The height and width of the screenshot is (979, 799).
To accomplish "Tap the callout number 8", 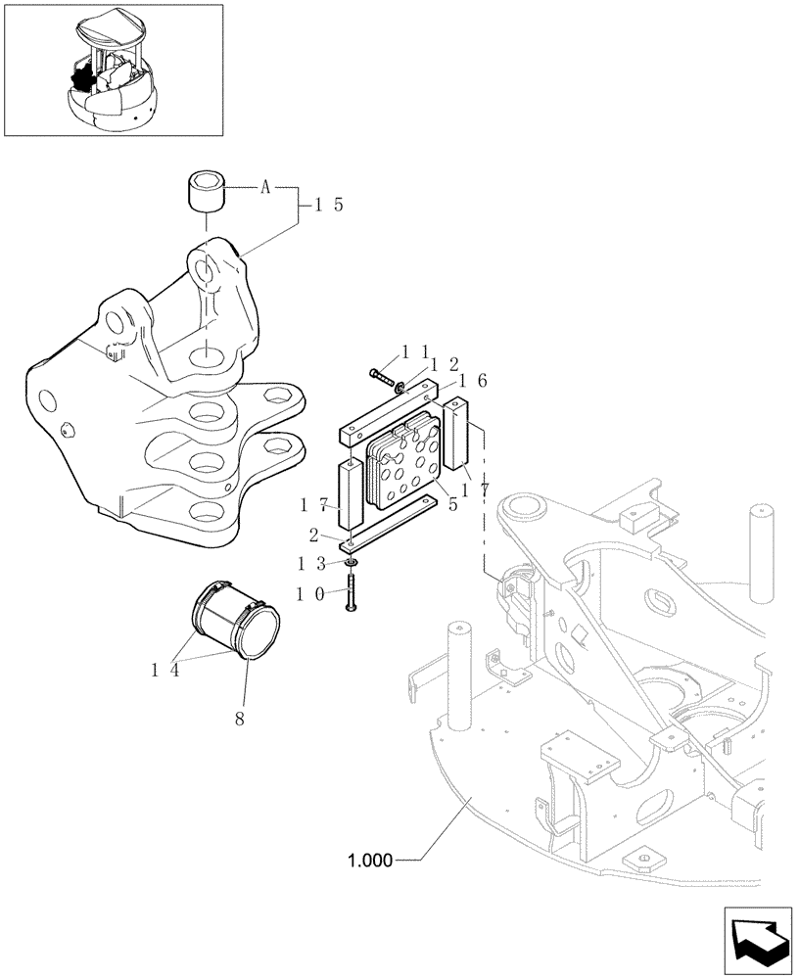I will click(x=240, y=717).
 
